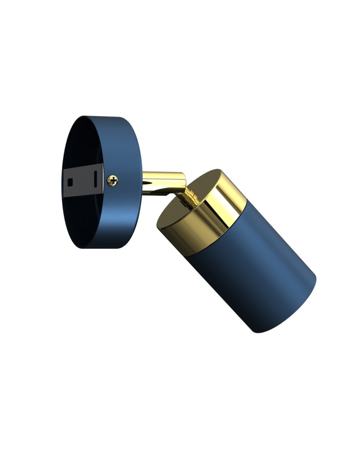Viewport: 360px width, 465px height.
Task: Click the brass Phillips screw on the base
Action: (113, 179)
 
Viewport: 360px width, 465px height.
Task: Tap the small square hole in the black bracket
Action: (71, 180)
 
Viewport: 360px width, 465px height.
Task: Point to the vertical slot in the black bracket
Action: (94, 179)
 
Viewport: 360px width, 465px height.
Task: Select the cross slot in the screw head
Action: (113, 179)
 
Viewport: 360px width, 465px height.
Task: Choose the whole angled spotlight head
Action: (237, 251)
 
